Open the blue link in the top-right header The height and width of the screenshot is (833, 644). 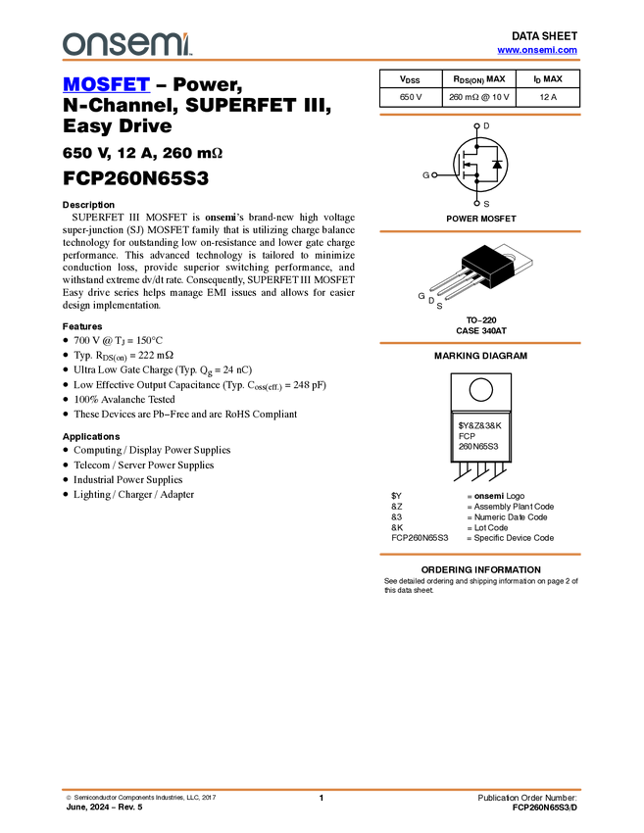(537, 50)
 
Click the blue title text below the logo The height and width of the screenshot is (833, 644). (106, 84)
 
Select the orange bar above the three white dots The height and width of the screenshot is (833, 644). (479, 115)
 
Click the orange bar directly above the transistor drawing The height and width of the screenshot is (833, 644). (479, 231)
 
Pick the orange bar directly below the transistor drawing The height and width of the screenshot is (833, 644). (479, 343)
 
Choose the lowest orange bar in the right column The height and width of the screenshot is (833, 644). (479, 555)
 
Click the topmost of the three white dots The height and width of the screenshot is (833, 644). (476, 126)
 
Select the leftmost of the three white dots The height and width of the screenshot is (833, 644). (434, 174)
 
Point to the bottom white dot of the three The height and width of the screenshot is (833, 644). (476, 203)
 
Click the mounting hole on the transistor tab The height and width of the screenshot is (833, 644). (511, 258)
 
